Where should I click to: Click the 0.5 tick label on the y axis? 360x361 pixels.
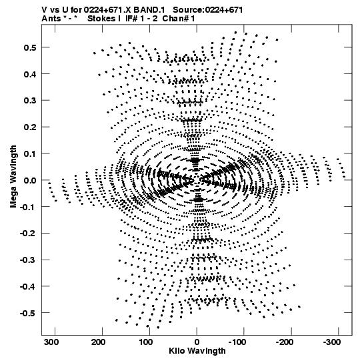point(30,47)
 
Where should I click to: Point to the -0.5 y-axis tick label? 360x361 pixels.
point(28,313)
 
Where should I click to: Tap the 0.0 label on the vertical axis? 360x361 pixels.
point(30,180)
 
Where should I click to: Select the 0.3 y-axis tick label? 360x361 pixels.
point(30,101)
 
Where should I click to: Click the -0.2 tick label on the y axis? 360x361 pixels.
point(28,234)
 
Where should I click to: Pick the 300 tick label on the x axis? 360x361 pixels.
point(51,342)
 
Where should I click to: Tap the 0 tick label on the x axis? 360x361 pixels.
point(197,342)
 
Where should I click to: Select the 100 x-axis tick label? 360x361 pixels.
point(145,342)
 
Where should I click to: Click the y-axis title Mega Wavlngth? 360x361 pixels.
point(13,177)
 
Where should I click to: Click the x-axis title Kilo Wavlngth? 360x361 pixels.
point(197,351)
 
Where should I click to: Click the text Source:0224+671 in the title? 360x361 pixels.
point(208,10)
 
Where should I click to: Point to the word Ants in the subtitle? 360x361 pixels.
point(51,19)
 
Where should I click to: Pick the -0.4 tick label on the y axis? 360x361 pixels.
point(28,287)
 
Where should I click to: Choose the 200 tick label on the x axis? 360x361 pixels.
point(99,342)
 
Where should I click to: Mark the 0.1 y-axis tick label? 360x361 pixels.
point(30,153)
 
